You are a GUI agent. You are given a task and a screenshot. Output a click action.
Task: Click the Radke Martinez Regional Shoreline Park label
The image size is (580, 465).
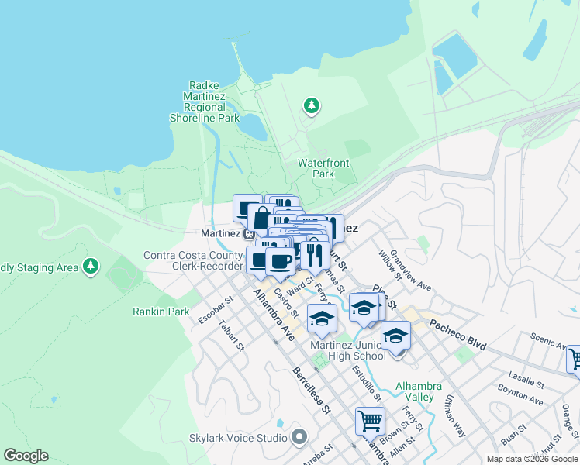pyautogui.click(x=205, y=102)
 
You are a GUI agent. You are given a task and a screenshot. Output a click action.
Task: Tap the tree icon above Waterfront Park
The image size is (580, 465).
pyautogui.click(x=311, y=105)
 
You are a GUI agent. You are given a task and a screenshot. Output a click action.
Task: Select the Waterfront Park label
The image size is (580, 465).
pyautogui.click(x=323, y=168)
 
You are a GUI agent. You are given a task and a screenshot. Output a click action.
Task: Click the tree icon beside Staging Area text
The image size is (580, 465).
pyautogui.click(x=91, y=267)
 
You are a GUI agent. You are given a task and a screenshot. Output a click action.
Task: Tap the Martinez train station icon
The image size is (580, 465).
pyautogui.click(x=250, y=233)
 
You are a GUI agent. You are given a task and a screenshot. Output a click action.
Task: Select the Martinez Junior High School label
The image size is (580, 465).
pyautogui.click(x=348, y=350)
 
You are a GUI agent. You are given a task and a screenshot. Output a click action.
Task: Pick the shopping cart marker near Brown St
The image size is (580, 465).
pyautogui.click(x=370, y=421)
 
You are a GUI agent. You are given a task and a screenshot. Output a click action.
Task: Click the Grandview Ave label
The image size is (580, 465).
pyautogui.click(x=410, y=269)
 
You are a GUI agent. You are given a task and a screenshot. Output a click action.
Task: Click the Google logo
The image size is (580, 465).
pyautogui.click(x=26, y=456)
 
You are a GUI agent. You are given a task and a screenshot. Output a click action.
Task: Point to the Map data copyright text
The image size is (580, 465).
pyautogui.click(x=532, y=459)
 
